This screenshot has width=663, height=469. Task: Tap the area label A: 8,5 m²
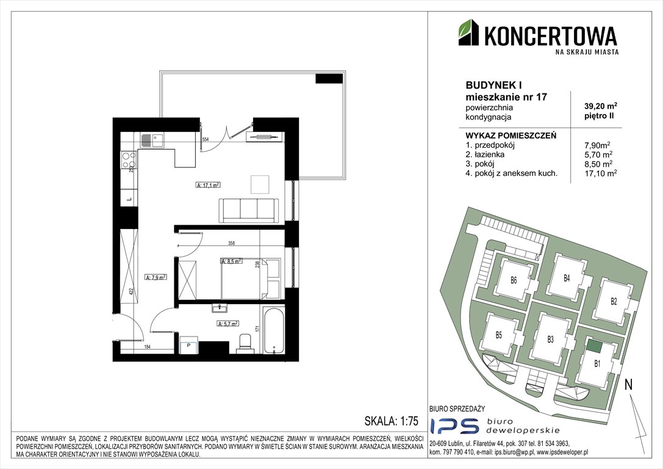click(231, 261)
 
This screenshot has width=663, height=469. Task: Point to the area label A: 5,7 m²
click(228, 324)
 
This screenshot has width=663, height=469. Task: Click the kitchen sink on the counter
click(151, 140)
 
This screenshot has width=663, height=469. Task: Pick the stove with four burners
click(129, 160)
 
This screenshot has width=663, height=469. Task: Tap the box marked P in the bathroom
click(189, 344)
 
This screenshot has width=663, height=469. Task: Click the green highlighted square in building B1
click(593, 346)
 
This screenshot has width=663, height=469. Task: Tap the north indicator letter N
click(628, 385)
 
